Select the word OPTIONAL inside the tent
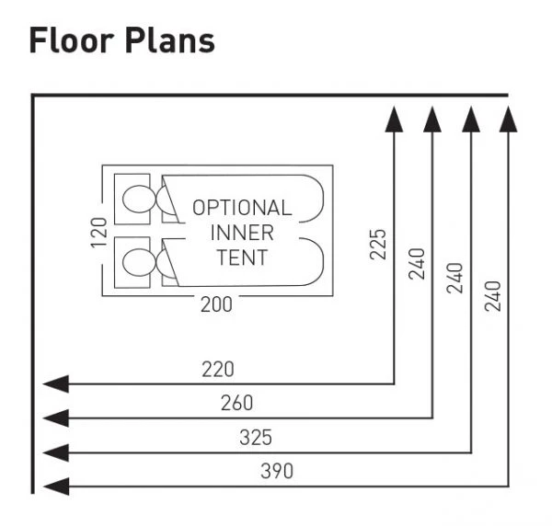[x=242, y=208]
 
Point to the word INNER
[x=242, y=232]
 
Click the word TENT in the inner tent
[x=242, y=257]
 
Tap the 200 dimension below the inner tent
[x=217, y=305]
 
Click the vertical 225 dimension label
[x=379, y=243]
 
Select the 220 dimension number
[x=218, y=370]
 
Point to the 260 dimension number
[x=236, y=403]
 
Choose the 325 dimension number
[x=256, y=437]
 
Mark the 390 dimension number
[x=276, y=471]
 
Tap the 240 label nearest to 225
[x=417, y=264]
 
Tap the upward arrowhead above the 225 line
[x=394, y=120]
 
